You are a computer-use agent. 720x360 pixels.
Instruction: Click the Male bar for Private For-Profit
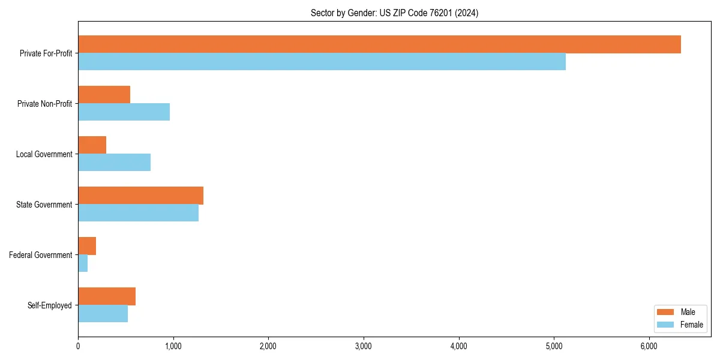(379, 44)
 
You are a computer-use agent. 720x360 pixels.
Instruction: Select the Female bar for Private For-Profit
(322, 62)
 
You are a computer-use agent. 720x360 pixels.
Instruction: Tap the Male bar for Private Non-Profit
(104, 95)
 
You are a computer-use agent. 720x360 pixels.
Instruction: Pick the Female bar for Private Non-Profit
(124, 112)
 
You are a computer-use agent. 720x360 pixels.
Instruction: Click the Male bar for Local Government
(92, 145)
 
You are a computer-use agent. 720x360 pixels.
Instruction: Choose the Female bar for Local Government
(114, 163)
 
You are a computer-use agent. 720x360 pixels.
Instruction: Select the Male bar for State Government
(140, 196)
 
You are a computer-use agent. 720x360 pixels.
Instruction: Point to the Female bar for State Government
(138, 213)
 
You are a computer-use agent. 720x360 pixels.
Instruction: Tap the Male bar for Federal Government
(87, 246)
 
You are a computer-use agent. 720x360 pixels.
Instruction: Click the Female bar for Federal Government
(83, 263)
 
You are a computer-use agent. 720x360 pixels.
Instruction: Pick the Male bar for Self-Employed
(107, 296)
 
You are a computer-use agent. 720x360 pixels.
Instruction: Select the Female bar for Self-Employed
(103, 314)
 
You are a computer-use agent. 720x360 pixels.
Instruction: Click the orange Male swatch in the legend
(665, 312)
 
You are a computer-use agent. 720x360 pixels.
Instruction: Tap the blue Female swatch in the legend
(665, 325)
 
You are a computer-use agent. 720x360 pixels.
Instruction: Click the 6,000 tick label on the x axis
(649, 346)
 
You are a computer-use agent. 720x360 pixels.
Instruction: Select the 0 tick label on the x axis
(78, 346)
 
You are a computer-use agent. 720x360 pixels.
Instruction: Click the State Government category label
(44, 205)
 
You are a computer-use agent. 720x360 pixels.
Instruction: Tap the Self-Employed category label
(49, 305)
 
